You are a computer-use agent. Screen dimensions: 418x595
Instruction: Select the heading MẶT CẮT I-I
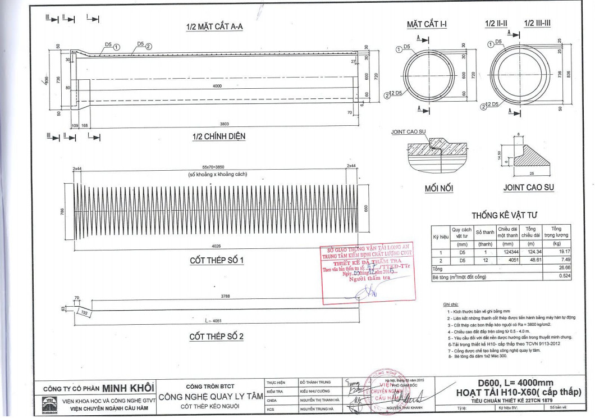click(x=427, y=24)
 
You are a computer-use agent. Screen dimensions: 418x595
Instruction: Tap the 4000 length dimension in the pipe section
click(x=213, y=86)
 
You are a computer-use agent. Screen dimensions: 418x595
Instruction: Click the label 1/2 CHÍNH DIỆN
click(x=218, y=136)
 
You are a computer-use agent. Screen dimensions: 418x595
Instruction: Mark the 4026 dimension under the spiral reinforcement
click(x=216, y=246)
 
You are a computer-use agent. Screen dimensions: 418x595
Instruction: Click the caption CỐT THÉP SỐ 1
click(x=216, y=261)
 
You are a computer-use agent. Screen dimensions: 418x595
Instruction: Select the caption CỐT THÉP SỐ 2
click(x=216, y=337)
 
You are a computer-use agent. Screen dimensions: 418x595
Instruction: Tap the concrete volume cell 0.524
click(x=564, y=277)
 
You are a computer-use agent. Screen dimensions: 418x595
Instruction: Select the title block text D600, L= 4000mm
click(x=515, y=383)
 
